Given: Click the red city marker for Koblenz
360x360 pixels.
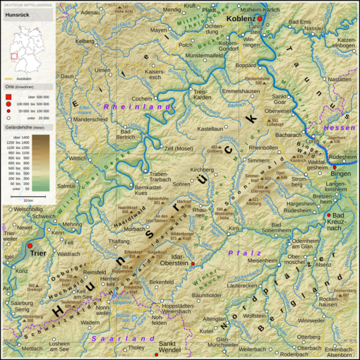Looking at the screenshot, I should (259, 18).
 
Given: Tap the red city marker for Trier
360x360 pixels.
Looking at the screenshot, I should (30, 247).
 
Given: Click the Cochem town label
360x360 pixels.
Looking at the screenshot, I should (142, 98).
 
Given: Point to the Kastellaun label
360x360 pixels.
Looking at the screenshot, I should (211, 129).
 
